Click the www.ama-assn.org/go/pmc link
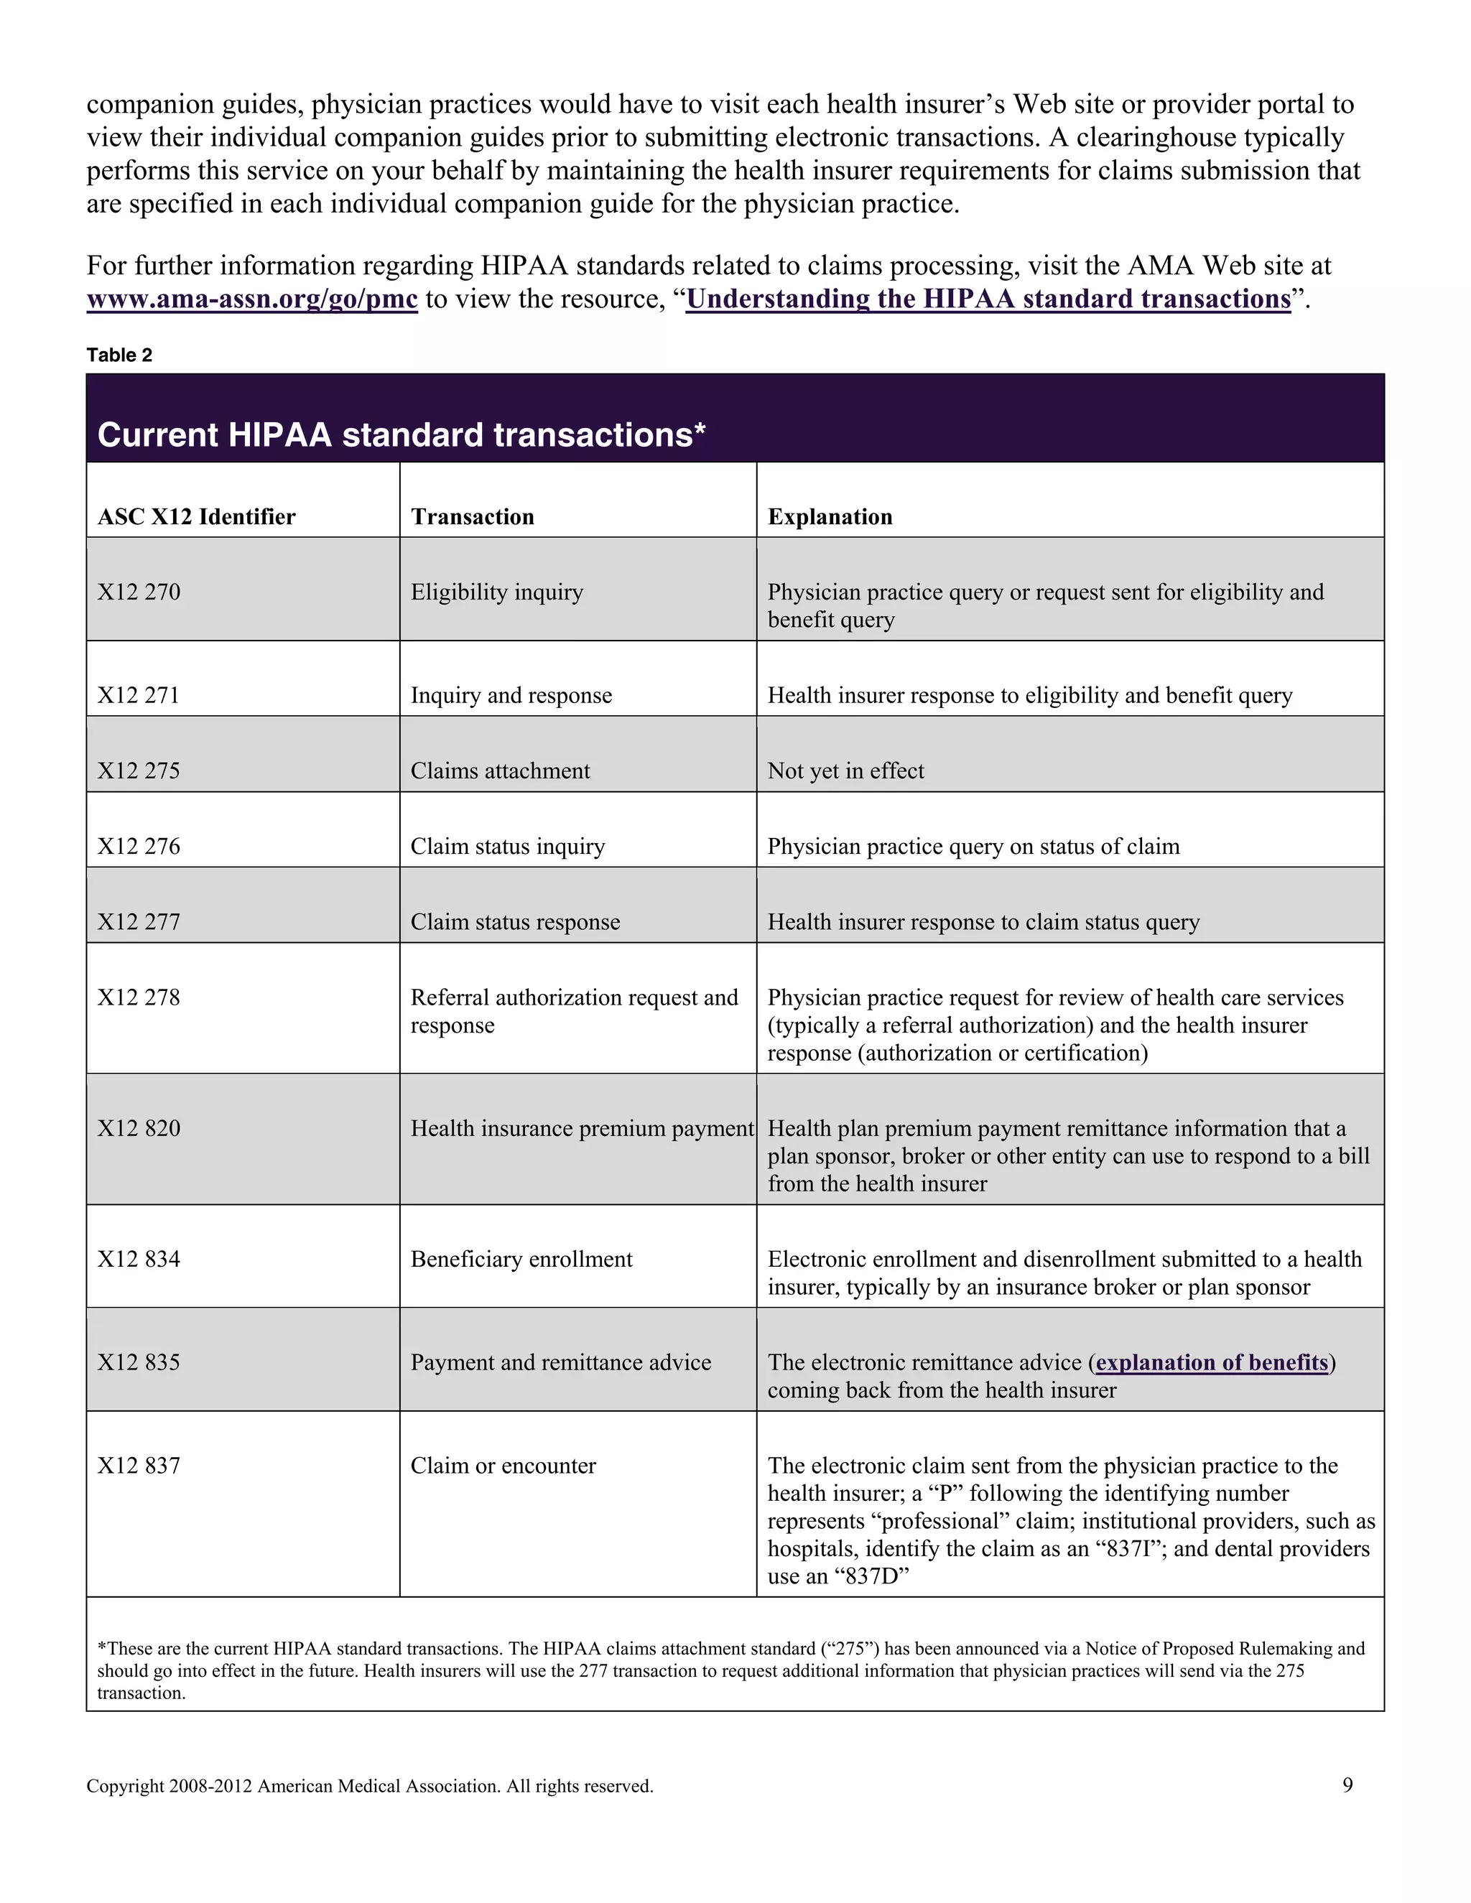click(x=252, y=299)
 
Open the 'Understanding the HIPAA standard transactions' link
click(x=988, y=299)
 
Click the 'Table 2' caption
click(x=119, y=355)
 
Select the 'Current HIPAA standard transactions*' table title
click(x=401, y=434)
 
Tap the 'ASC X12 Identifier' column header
click(x=197, y=517)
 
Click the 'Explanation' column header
click(x=830, y=517)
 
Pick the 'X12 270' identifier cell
click(x=139, y=592)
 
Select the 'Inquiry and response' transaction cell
click(x=511, y=695)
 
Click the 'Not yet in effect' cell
click(x=845, y=771)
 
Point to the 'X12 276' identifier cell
click(x=139, y=846)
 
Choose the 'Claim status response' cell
click(x=515, y=922)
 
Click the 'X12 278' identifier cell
click(x=139, y=997)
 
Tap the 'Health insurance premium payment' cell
click(x=581, y=1128)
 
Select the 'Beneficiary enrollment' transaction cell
click(x=521, y=1259)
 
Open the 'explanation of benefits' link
click(x=1211, y=1362)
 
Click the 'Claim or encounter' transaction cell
click(x=503, y=1466)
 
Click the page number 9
click(x=1347, y=1785)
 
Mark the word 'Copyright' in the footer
click(x=124, y=1786)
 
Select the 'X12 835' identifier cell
click(x=139, y=1362)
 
